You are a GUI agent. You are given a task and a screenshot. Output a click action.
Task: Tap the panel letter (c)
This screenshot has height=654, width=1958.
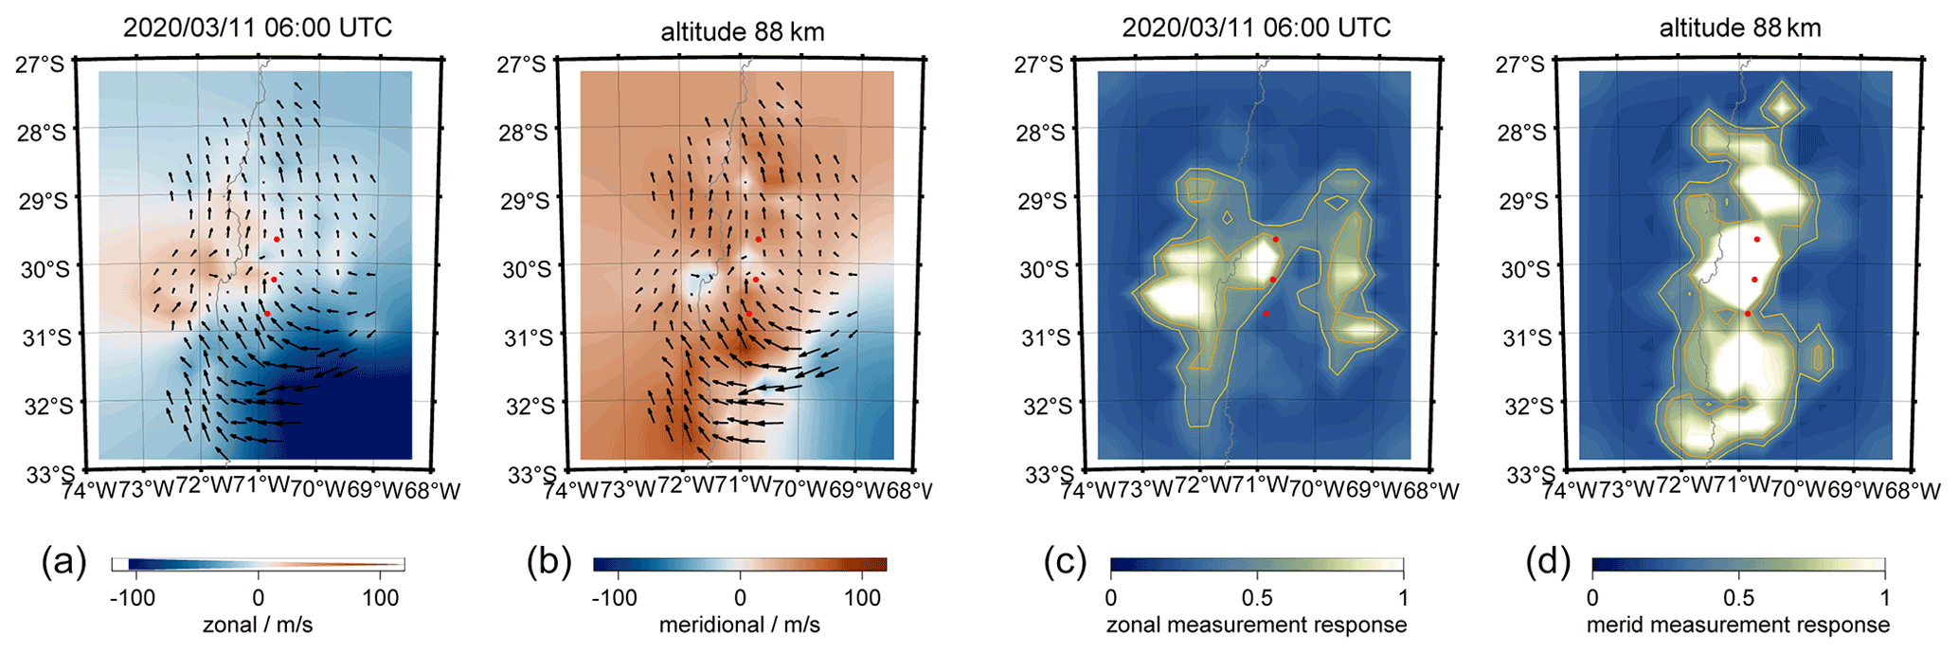click(x=1065, y=563)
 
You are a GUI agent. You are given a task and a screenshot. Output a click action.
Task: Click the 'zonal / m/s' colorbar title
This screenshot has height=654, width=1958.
click(x=258, y=625)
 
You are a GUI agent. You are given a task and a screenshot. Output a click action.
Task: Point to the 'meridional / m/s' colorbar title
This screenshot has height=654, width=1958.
click(x=739, y=625)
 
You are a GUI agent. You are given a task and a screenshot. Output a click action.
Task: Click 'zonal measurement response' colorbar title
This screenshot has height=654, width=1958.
click(x=1256, y=625)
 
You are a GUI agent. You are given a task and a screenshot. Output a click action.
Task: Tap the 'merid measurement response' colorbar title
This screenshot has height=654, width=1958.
click(x=1737, y=625)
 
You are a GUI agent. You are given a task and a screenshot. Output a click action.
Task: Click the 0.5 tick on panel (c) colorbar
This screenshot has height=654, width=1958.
click(x=1257, y=597)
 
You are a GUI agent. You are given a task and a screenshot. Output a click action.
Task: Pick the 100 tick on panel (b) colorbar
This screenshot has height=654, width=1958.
click(x=862, y=597)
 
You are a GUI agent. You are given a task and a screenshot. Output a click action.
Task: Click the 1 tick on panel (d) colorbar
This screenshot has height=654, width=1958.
click(x=1884, y=597)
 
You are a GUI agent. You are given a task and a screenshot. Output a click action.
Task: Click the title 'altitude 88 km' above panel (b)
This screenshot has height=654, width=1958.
click(x=742, y=31)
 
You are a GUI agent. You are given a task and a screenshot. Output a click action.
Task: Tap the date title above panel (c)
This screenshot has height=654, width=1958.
click(x=1256, y=27)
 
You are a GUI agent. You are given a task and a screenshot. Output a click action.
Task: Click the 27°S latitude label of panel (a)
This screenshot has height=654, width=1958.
click(x=40, y=64)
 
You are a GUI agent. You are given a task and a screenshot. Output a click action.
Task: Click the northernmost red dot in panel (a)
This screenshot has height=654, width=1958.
click(x=277, y=239)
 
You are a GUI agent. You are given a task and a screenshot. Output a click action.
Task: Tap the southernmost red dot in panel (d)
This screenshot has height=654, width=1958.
click(x=1748, y=314)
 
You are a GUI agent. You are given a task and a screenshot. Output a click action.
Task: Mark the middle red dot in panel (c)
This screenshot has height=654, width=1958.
click(x=1273, y=280)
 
